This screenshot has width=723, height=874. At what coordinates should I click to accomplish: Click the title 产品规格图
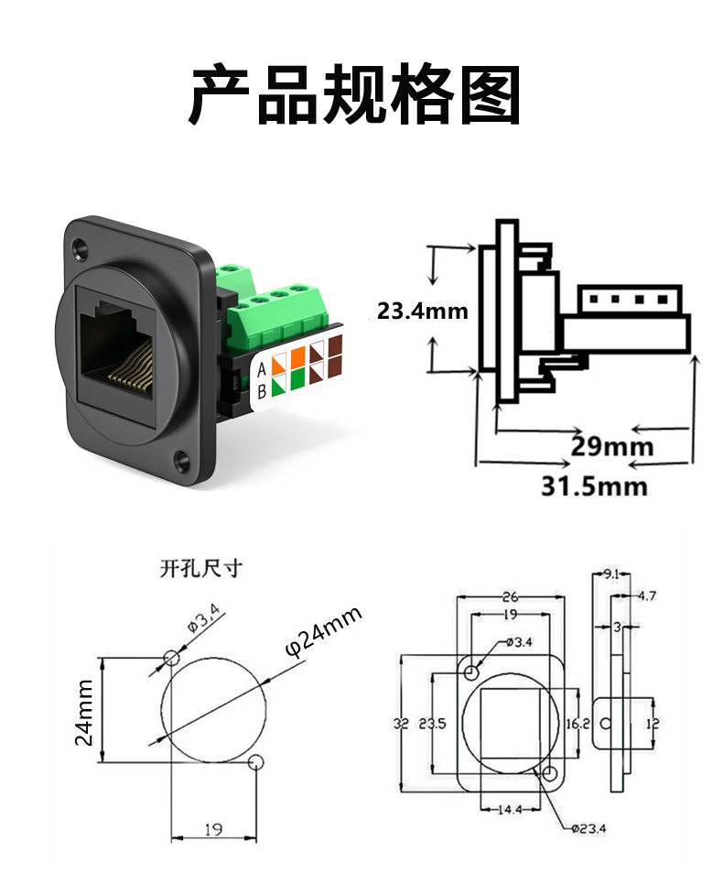355,94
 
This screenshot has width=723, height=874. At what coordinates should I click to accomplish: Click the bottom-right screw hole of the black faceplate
181,459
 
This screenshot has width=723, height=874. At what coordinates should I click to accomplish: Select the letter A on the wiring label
261,369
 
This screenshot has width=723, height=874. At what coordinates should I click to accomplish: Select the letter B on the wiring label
262,391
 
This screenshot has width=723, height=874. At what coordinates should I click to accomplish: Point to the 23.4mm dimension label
422,311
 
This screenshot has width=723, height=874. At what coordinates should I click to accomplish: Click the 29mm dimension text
611,446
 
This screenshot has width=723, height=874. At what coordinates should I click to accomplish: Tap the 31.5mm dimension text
594,486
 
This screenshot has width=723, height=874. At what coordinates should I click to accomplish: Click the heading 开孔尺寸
201,569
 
